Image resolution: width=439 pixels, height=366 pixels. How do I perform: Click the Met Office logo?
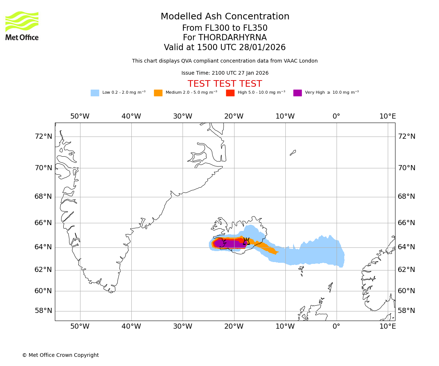click(22, 26)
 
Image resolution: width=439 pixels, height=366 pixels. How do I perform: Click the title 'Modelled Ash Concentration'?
click(225, 17)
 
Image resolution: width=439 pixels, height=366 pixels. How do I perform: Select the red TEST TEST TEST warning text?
click(225, 84)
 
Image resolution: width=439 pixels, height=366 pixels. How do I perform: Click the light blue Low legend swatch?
click(95, 93)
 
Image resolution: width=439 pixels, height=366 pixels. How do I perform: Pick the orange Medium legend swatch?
click(158, 93)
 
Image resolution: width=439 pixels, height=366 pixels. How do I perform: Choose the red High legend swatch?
click(230, 93)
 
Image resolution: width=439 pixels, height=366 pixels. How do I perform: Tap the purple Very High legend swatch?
click(297, 93)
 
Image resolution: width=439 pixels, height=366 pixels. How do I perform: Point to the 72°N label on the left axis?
click(43, 137)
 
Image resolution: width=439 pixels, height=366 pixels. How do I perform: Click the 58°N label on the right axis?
click(406, 311)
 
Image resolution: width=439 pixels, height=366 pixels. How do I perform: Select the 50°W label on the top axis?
click(80, 116)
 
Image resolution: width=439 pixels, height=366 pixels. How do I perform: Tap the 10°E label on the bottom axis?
click(387, 326)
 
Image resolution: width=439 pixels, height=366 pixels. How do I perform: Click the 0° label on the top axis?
click(336, 116)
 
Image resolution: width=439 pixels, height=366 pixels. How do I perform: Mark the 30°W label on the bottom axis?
click(183, 326)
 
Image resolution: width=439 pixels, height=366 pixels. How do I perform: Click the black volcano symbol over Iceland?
click(246, 241)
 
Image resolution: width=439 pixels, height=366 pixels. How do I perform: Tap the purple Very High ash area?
click(229, 244)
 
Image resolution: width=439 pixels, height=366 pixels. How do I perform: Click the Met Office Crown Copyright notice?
click(60, 355)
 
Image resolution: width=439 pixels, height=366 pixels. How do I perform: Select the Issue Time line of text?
click(225, 73)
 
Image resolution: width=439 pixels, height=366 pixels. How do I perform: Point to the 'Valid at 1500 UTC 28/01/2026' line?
click(225, 48)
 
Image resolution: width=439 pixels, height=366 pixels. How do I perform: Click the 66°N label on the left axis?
click(43, 223)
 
